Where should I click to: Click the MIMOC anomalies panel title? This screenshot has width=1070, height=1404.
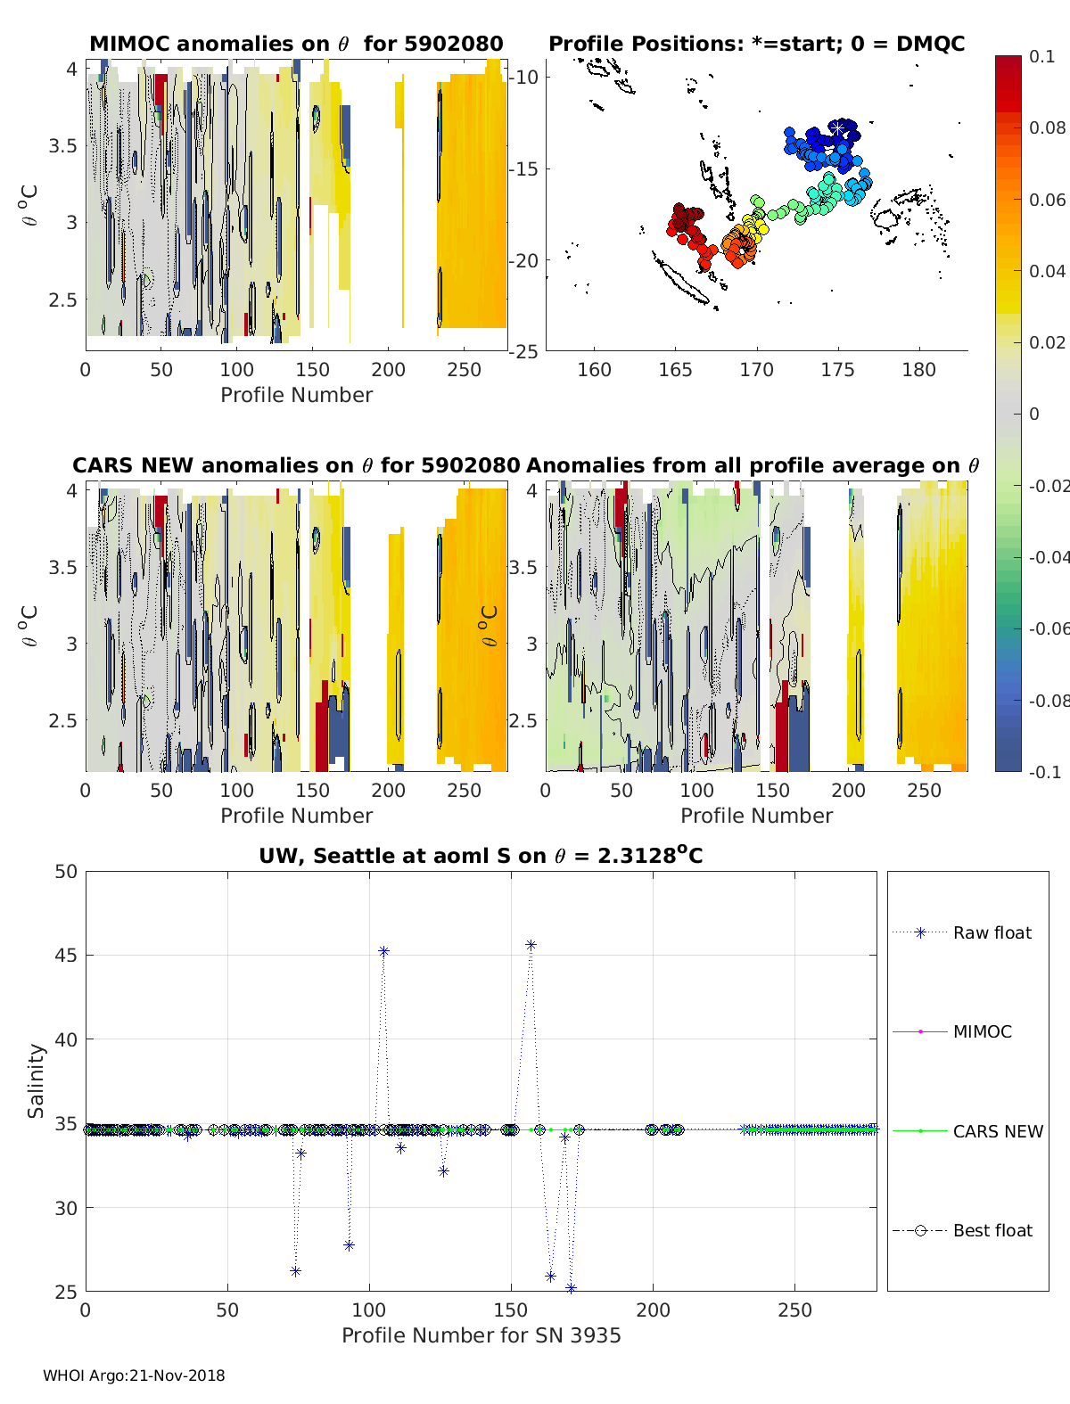point(296,44)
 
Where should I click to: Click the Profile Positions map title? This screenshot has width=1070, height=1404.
point(756,44)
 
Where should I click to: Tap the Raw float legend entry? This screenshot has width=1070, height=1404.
point(992,932)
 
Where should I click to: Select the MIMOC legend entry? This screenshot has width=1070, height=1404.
point(982,1031)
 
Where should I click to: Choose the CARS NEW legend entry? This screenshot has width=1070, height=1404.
point(997,1131)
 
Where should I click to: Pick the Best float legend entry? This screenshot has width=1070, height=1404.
point(992,1230)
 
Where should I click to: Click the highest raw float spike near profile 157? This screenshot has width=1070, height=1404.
point(531,945)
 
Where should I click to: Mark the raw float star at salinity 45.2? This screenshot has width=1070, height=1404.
point(383,951)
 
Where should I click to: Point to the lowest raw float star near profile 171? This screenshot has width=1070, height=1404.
point(571,1288)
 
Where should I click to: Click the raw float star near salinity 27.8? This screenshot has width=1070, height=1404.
point(349,1245)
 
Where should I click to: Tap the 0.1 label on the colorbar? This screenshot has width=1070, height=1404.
point(1041,56)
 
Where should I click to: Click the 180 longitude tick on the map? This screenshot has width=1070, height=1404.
point(918,370)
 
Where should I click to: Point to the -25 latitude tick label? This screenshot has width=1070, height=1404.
point(524,351)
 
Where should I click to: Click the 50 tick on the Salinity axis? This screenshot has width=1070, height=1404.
point(66,872)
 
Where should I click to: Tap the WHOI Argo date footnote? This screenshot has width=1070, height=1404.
point(134,1375)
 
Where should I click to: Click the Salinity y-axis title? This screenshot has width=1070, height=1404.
point(36,1080)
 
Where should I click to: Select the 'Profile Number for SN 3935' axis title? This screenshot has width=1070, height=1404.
point(481,1335)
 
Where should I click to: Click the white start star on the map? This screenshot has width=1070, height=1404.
point(839,130)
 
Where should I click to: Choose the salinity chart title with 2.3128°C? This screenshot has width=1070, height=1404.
point(481,856)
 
